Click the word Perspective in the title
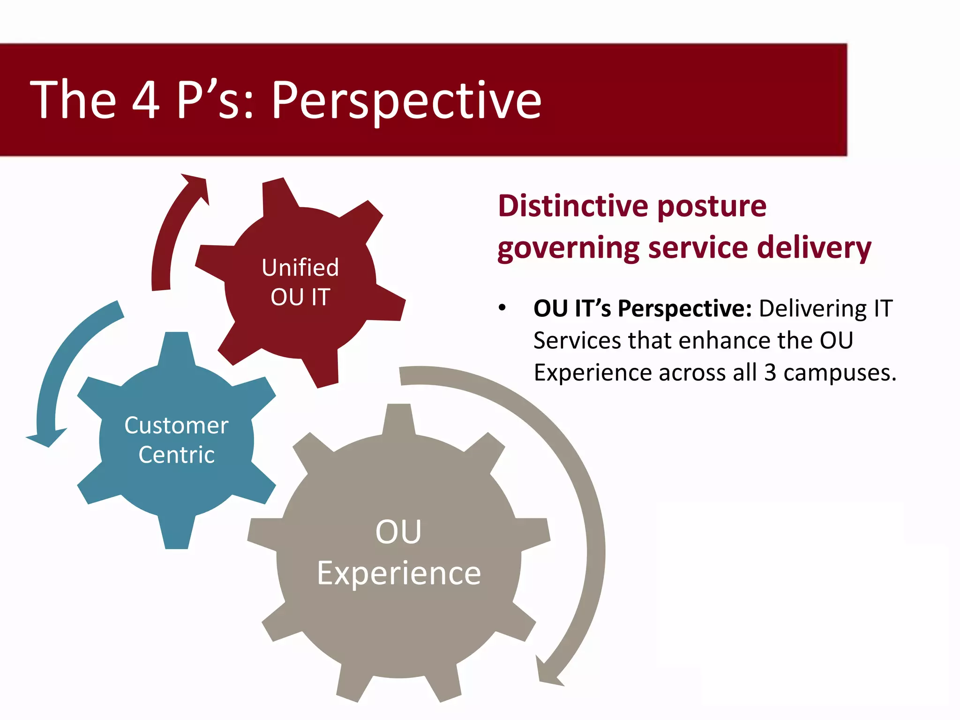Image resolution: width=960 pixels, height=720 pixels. [x=406, y=100]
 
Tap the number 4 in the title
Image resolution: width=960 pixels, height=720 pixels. [x=146, y=99]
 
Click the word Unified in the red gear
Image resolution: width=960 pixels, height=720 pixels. [x=300, y=268]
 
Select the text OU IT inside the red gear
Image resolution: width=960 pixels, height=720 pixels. [x=300, y=297]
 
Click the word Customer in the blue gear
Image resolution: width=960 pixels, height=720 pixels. [x=176, y=426]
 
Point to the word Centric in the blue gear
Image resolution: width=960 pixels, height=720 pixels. [x=177, y=455]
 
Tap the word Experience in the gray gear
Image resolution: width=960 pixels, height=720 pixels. [x=399, y=573]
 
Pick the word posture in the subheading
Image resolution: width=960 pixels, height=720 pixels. [x=712, y=207]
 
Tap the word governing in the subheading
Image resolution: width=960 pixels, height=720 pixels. [x=568, y=248]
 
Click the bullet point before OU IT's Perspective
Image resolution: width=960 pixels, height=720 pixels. [x=502, y=308]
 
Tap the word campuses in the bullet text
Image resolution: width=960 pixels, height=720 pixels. [x=840, y=374]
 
